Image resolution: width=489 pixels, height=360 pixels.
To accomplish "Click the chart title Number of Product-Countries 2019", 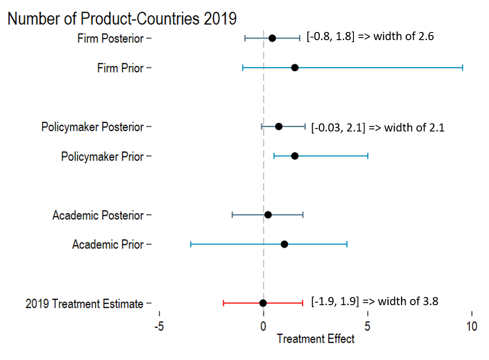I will [122, 19].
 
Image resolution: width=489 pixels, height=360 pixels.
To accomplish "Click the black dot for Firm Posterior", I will [272, 38].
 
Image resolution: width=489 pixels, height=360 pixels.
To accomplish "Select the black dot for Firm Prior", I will [295, 68].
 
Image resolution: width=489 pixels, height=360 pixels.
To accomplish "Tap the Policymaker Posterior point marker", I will [279, 126].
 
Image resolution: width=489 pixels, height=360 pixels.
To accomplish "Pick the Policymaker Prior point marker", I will [295, 156].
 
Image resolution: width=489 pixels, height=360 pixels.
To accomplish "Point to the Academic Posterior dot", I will [268, 215].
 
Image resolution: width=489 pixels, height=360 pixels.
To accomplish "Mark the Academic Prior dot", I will [284, 244].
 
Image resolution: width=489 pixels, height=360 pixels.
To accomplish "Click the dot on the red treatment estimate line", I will [263, 303].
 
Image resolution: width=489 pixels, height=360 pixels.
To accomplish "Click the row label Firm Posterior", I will [110, 39].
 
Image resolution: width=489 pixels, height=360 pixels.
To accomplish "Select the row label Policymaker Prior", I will [102, 156].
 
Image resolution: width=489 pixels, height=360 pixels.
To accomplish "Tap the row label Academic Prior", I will [108, 245].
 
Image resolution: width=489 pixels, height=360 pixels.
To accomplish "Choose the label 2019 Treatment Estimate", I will [84, 304].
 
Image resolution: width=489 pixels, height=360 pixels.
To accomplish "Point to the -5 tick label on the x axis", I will [159, 325].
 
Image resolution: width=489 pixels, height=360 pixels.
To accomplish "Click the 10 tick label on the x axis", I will [472, 325].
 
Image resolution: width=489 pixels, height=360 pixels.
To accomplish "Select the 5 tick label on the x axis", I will [367, 325].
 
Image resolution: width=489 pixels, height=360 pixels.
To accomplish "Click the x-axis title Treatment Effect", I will [315, 339].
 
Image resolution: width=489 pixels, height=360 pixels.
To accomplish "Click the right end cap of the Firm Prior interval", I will [463, 68].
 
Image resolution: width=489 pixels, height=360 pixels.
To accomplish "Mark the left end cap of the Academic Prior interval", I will [190, 244].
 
